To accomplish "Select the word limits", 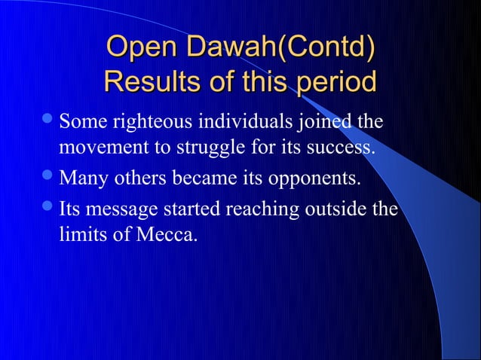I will pyautogui.click(x=81, y=235).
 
